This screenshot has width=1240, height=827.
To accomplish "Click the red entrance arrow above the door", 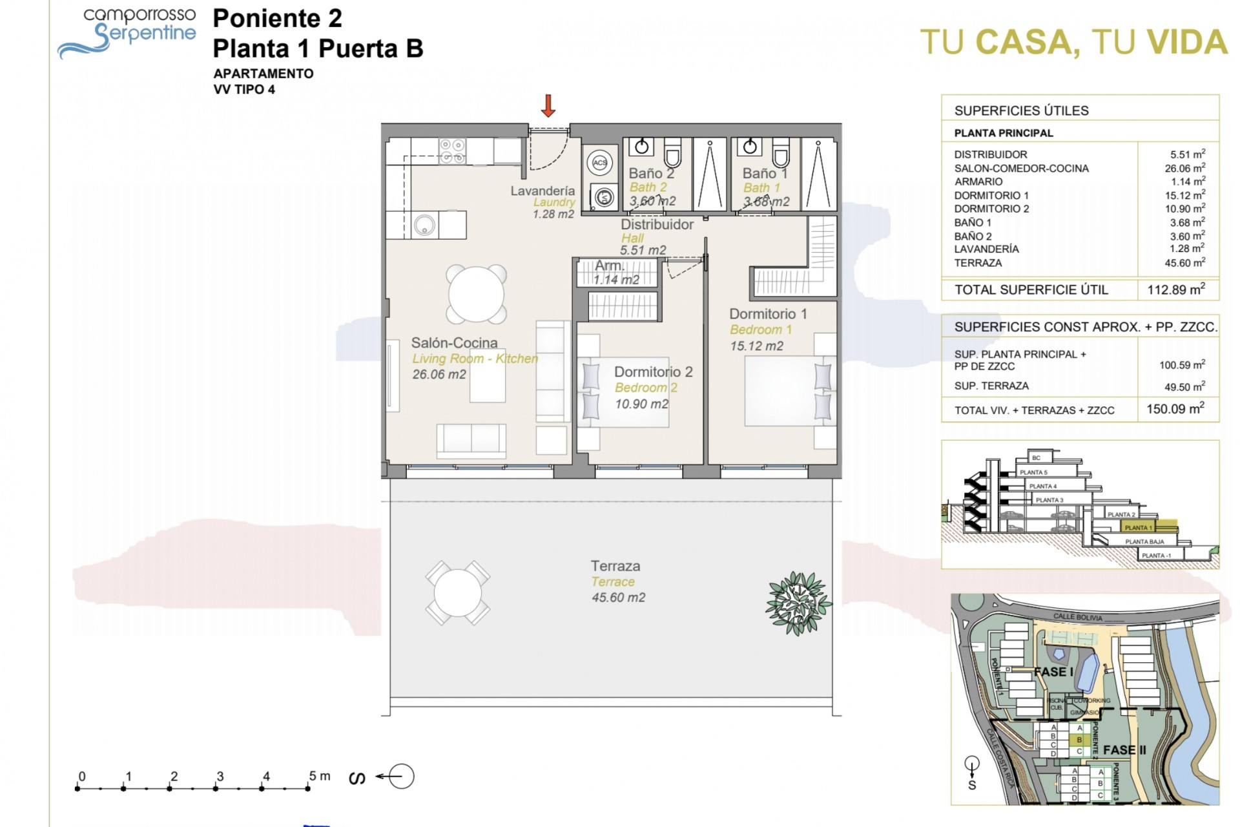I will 548,106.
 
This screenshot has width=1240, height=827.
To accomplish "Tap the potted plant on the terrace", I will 798,603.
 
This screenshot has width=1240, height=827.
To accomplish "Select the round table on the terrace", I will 457,593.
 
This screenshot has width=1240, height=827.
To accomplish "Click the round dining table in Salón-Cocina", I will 477,294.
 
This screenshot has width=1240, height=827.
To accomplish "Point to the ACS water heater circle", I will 600,163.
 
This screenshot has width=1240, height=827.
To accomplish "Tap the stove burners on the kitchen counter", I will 452,151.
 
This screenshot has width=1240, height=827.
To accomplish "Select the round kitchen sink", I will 424,225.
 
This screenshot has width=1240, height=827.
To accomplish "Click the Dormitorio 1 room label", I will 768,314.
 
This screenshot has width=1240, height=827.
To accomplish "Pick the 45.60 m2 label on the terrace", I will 618,598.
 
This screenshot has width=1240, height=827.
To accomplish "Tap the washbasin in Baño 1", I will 750,147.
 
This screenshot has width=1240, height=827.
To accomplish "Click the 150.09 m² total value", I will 1175,409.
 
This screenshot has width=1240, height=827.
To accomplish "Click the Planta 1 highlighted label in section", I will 1139,528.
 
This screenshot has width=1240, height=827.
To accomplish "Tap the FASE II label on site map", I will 1124,750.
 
